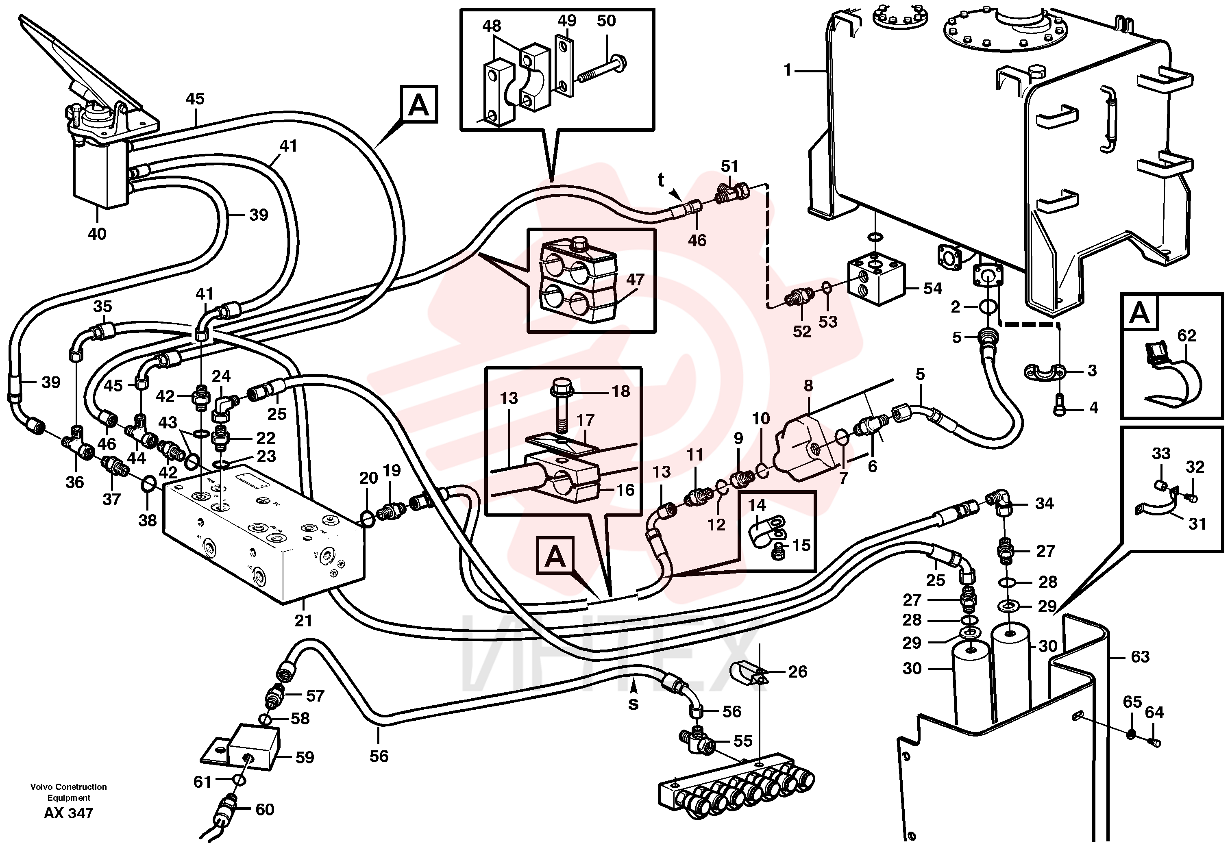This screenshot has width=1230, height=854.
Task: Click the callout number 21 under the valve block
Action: coord(303,621)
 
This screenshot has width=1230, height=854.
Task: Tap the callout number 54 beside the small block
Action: coord(932,289)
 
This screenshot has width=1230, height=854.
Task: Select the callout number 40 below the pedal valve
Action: coord(97,234)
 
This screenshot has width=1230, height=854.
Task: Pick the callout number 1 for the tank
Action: coord(787,70)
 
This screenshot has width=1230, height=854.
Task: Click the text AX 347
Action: coord(68,813)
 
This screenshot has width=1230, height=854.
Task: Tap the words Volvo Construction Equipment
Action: coord(68,791)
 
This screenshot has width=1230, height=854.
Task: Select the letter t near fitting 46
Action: coord(661,180)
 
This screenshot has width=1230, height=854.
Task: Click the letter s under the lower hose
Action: coord(633,704)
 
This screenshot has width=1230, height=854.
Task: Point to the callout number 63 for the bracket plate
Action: coord(1140,656)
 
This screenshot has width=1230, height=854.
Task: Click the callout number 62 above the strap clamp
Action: coord(1186,335)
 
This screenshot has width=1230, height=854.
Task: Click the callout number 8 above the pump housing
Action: coord(808,385)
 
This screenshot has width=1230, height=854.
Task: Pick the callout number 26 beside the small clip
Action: coord(797,671)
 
